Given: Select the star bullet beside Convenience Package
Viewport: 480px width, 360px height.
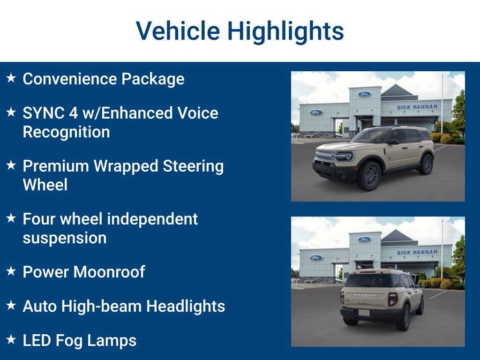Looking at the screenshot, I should click(11, 78).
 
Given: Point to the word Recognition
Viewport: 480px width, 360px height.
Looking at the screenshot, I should click(66, 132).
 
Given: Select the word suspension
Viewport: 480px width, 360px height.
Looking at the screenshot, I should click(64, 238).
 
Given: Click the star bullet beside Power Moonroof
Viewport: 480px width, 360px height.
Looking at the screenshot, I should click(11, 271).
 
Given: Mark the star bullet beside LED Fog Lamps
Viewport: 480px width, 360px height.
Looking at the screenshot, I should click(11, 339).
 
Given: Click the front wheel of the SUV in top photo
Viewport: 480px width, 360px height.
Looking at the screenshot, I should click(368, 175).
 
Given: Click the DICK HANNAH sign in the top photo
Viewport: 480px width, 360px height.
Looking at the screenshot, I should click(417, 107).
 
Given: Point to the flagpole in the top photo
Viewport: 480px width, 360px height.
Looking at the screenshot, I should click(442, 103).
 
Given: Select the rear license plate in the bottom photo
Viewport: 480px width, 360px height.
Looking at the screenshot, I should click(364, 312).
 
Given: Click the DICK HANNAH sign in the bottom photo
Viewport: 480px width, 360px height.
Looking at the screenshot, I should click(417, 252).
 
